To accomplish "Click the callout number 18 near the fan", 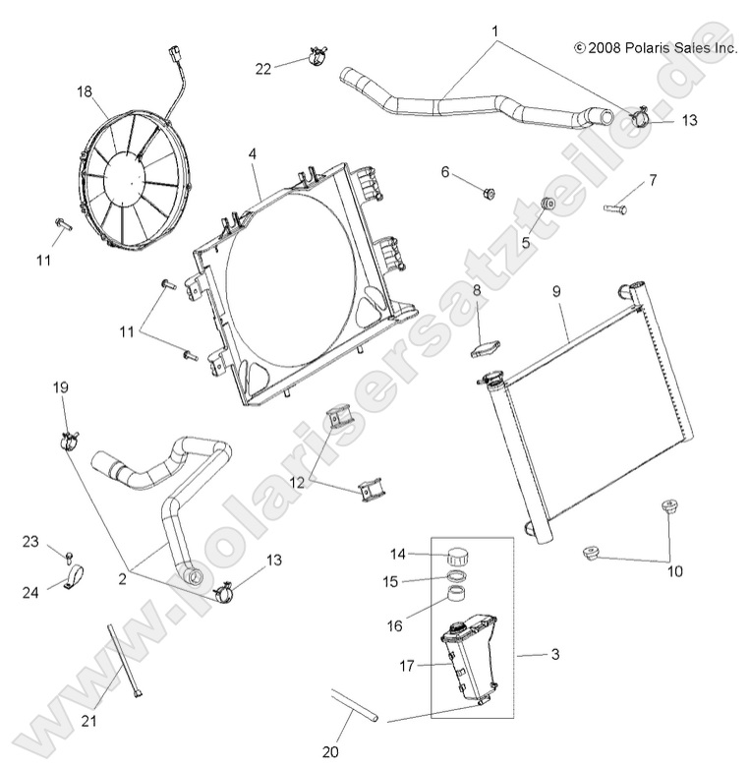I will pyautogui.click(x=85, y=91).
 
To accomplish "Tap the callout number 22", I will pyautogui.click(x=263, y=68).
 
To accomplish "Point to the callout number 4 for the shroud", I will pyautogui.click(x=253, y=154).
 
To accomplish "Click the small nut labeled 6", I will pyautogui.click(x=489, y=193).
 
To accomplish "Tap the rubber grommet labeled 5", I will pyautogui.click(x=550, y=205).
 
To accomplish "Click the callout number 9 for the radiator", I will pyautogui.click(x=556, y=292).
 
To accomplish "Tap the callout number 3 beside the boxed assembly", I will pyautogui.click(x=554, y=654).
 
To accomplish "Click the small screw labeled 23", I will pyautogui.click(x=71, y=559).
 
